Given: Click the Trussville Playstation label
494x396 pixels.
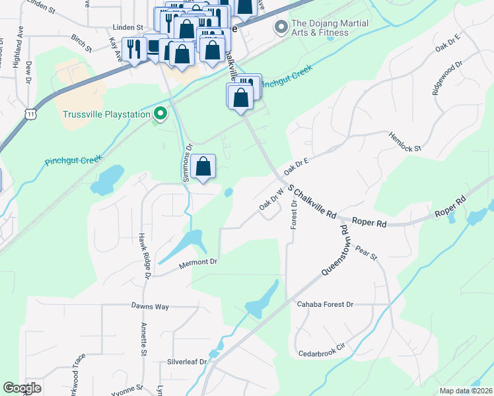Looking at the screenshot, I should coord(106,114).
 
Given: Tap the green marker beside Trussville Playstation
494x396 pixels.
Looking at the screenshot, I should coord(159,114).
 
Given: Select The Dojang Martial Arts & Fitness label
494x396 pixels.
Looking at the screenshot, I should coord(320,28).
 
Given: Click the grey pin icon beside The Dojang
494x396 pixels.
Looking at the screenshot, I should coord(281,27).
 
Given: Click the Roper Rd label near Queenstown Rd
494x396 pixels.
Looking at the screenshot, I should coord(369,224).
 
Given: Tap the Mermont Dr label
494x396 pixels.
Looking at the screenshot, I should coord(198,262).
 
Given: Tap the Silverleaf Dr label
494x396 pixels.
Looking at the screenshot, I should coord(188,362).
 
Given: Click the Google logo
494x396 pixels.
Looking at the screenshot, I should coord(22,388).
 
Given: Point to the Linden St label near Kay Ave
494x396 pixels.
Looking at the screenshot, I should coord(127,28).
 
